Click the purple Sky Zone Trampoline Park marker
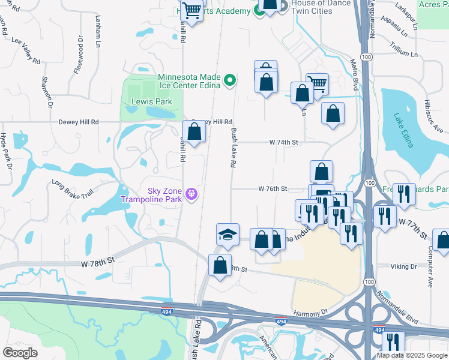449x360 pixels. click(x=191, y=194)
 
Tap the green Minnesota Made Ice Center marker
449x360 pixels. click(x=229, y=80)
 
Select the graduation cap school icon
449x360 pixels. click(x=228, y=234)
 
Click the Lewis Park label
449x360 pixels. click(x=152, y=101)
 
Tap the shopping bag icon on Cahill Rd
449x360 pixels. click(x=194, y=133)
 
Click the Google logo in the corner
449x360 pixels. click(x=20, y=353)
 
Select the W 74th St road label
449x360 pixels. click(x=283, y=142)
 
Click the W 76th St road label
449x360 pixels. click(x=273, y=188)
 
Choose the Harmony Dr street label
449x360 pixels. click(x=310, y=313)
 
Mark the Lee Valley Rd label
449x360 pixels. click(x=25, y=43)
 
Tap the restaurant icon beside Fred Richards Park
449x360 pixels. click(x=404, y=194)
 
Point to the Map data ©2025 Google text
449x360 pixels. click(x=411, y=355)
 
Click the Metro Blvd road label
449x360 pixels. click(x=355, y=72)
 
